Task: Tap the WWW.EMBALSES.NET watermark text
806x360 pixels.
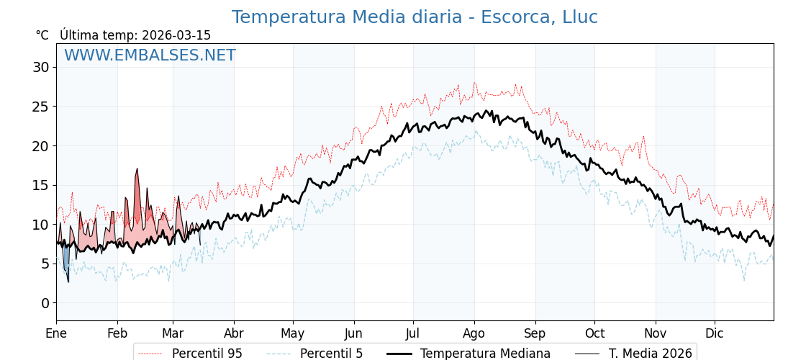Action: (150, 55)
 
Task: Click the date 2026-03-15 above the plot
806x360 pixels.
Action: (176, 35)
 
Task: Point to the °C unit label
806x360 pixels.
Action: (42, 35)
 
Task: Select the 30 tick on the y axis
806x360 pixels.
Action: (40, 68)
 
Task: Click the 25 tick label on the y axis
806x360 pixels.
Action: (40, 107)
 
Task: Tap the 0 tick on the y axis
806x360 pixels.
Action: (45, 303)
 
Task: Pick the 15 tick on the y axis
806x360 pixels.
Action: (40, 185)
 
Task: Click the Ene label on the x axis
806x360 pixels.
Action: (56, 333)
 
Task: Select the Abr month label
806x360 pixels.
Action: (234, 333)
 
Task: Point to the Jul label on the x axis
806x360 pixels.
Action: (413, 333)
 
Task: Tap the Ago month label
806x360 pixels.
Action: (474, 333)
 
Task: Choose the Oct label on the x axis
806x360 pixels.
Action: (594, 333)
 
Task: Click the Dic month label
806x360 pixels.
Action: (715, 333)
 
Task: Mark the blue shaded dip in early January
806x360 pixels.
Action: (66, 261)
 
